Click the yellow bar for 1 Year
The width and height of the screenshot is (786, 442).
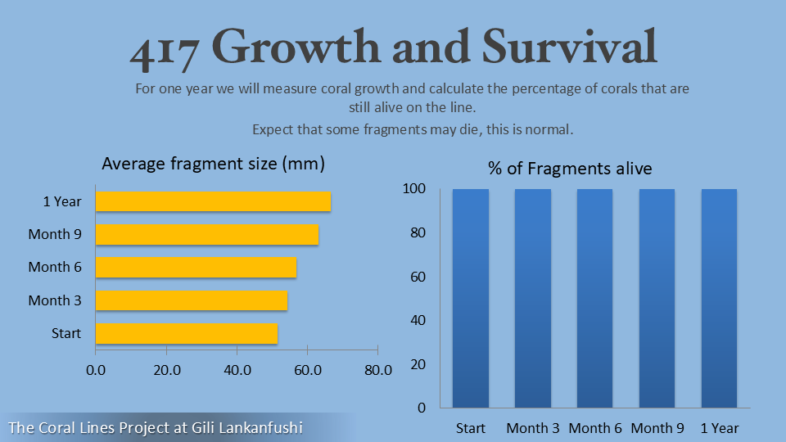tap(213, 201)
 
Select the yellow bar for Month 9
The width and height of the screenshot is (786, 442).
tap(207, 234)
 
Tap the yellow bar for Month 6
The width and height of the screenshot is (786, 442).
tap(196, 267)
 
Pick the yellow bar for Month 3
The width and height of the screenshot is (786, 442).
tap(192, 300)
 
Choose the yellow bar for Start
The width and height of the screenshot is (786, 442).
tap(187, 333)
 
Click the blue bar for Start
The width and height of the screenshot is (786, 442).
tap(471, 298)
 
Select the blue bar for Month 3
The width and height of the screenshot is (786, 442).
tap(532, 298)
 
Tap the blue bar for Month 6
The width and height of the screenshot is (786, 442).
tap(594, 298)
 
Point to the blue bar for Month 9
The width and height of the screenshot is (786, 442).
tap(657, 298)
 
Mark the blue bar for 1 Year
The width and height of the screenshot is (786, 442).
tap(719, 298)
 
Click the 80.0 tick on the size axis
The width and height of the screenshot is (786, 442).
tap(377, 370)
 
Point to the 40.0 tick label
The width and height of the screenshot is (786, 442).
tap(237, 370)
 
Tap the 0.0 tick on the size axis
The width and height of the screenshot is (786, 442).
tap(96, 370)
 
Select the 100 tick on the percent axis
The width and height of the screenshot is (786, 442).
tap(414, 189)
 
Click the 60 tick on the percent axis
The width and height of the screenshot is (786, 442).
tap(418, 277)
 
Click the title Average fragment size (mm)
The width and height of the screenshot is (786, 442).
tap(213, 164)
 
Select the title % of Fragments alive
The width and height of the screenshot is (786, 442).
tap(570, 169)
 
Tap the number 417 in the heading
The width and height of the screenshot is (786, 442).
tap(165, 51)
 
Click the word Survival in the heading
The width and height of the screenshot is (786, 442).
tap(569, 47)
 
